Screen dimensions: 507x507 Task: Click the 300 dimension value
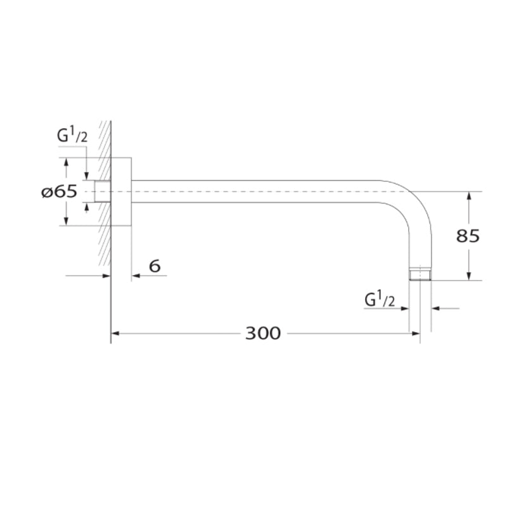[262, 333]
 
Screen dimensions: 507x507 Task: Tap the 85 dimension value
[468, 236]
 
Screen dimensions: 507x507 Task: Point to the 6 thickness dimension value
[154, 266]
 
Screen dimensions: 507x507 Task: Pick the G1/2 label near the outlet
[380, 298]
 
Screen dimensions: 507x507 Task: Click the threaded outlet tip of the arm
[420, 274]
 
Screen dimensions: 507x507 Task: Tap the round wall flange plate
[122, 191]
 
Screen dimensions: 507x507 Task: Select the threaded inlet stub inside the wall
[102, 191]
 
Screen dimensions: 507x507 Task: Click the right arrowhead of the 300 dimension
[416, 333]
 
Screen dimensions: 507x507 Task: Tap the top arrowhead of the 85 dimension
[469, 196]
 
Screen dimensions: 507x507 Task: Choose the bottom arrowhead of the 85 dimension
[469, 276]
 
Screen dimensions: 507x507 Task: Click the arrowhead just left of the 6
[135, 276]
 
